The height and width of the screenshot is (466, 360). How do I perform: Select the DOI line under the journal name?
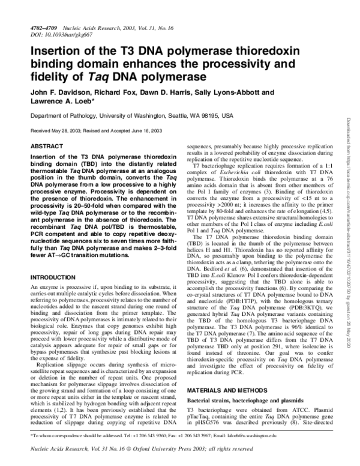coord(58,35)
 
